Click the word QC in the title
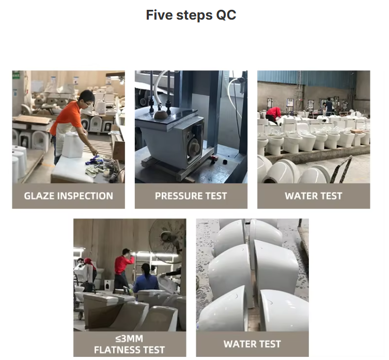click(226, 15)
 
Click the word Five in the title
click(159, 15)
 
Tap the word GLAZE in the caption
click(39, 196)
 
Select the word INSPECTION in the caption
click(85, 196)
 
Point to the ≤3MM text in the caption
click(129, 339)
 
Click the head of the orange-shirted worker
click(87, 98)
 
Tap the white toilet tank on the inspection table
click(73, 145)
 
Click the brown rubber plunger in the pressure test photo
click(162, 115)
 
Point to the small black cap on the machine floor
click(225, 162)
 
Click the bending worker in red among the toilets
click(273, 115)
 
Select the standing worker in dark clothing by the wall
click(329, 107)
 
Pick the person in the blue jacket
click(145, 279)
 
